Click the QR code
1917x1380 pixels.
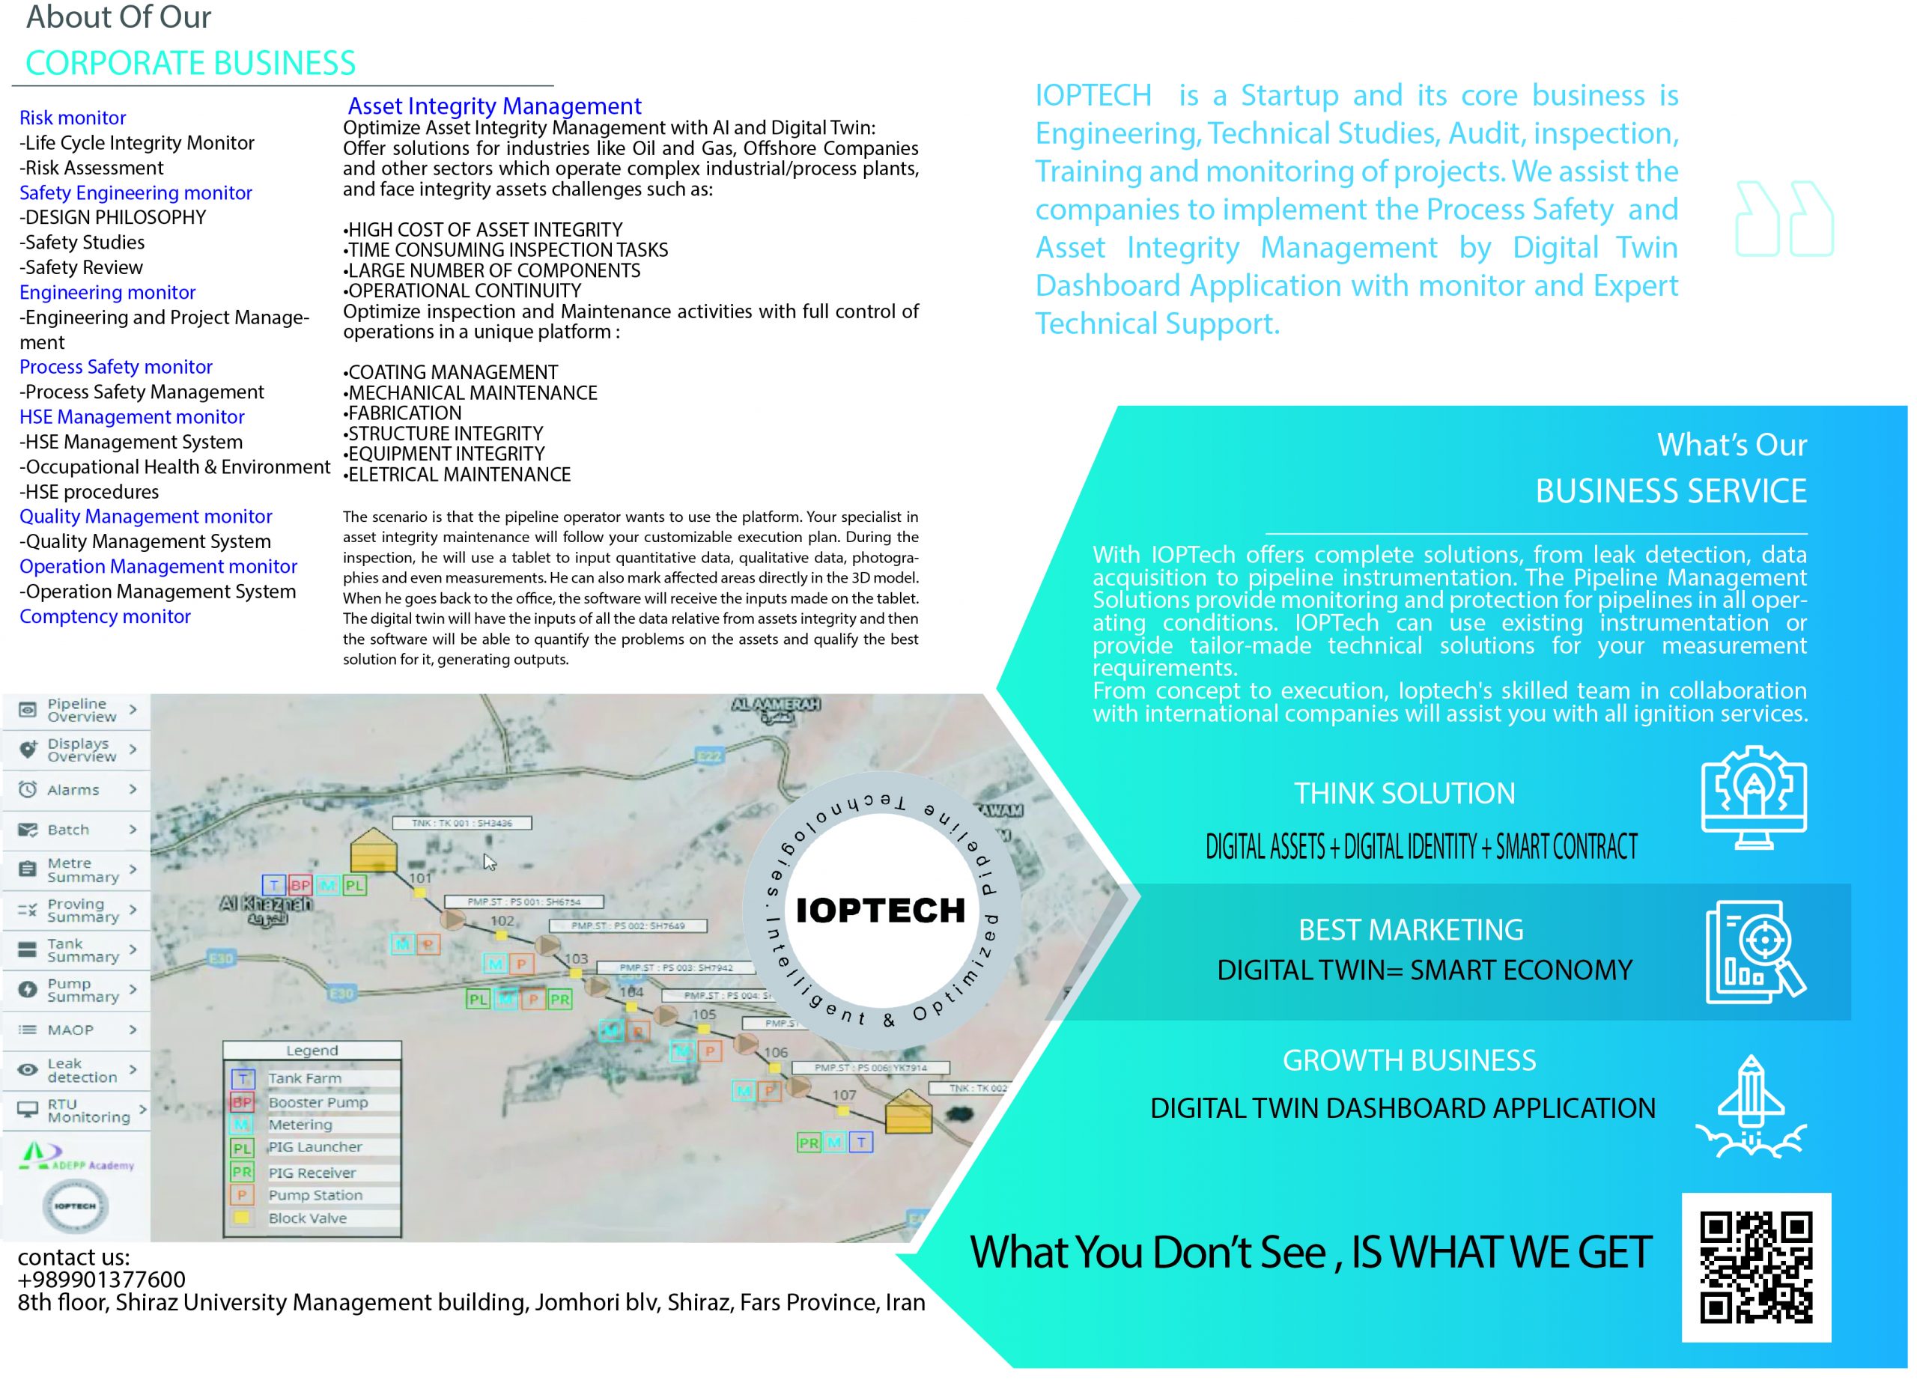pyautogui.click(x=1755, y=1267)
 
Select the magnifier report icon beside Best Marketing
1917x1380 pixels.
pyautogui.click(x=1755, y=951)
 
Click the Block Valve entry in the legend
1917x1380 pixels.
pyautogui.click(x=307, y=1218)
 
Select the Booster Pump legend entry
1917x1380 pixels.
pyautogui.click(x=317, y=1102)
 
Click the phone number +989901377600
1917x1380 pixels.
pyautogui.click(x=101, y=1280)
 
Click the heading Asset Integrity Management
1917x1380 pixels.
pyautogui.click(x=494, y=106)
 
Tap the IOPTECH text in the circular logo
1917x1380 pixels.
pyautogui.click(x=880, y=910)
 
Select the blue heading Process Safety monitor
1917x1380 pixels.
pyautogui.click(x=116, y=367)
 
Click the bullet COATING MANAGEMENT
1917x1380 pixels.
pyautogui.click(x=452, y=373)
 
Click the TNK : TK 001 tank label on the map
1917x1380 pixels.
pyautogui.click(x=461, y=822)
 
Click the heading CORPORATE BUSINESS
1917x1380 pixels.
pyautogui.click(x=190, y=64)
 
